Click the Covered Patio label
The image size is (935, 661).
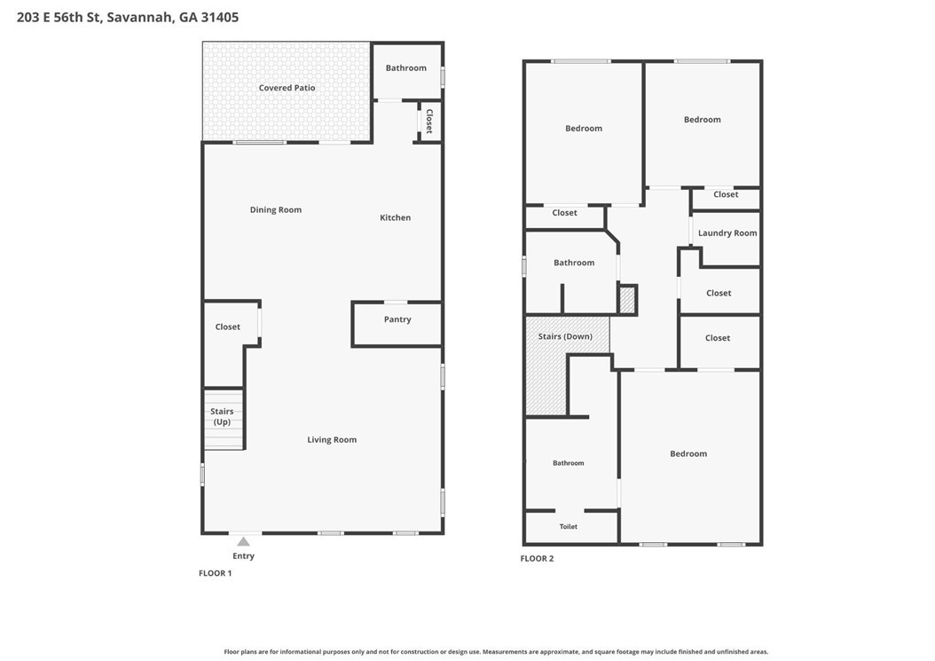coord(287,88)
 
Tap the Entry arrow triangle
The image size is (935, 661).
coord(243,542)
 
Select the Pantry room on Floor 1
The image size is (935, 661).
coord(397,324)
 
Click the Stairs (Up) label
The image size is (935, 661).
coord(222,416)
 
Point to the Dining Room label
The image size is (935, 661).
coord(276,210)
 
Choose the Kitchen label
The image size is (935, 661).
coord(396,217)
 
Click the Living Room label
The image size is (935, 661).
coord(332,440)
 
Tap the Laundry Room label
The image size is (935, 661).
coord(727,233)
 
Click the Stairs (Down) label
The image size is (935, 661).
coord(565,336)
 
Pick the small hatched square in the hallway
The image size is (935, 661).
coord(627,300)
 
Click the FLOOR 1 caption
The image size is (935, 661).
coord(216,573)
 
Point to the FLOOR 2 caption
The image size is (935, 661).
coord(538,558)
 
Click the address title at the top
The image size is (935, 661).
coord(128,17)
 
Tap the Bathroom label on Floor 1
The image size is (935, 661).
coord(406,68)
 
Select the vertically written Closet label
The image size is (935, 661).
coord(428,121)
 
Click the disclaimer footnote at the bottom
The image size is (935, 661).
coord(496,651)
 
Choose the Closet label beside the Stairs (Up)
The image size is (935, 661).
coord(228,327)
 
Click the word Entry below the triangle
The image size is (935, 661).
coord(243,556)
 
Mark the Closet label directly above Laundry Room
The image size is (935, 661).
coord(726,194)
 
